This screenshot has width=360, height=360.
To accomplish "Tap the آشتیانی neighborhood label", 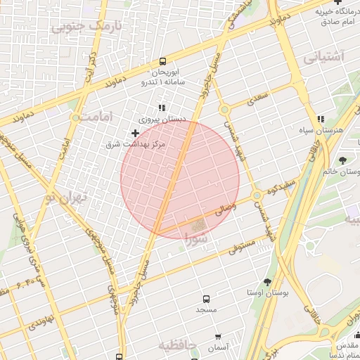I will (325, 58).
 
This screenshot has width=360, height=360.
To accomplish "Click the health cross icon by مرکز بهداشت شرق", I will (135, 133).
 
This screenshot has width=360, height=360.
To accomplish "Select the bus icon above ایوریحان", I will (163, 62).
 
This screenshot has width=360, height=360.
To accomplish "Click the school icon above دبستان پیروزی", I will (162, 108).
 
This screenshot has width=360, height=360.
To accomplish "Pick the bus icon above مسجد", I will (206, 299).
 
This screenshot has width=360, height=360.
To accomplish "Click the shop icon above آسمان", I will (218, 337).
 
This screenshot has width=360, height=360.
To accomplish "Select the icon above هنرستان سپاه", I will (321, 120).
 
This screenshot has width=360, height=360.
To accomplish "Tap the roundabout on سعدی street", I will (224, 110).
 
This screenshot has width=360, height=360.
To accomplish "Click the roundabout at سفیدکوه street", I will (258, 195).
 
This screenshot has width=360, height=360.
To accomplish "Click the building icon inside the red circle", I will (200, 225).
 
